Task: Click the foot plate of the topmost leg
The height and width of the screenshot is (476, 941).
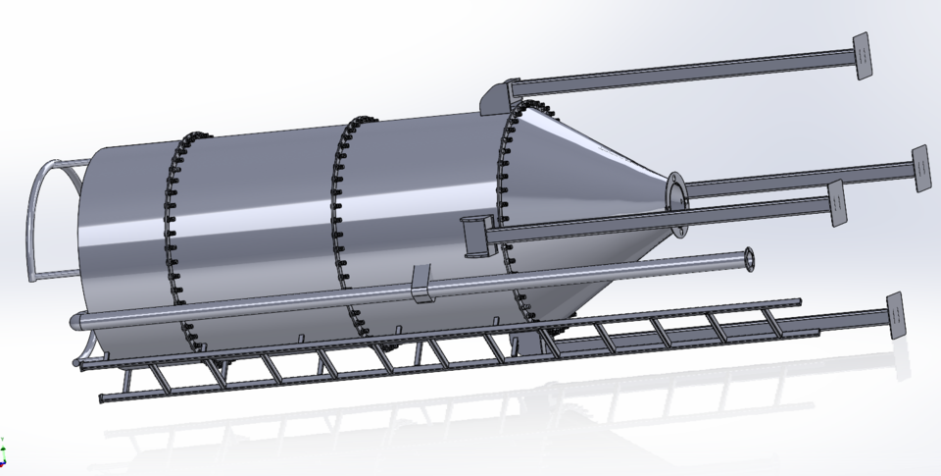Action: point(862,55)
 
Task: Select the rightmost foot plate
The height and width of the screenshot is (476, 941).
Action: point(919,168)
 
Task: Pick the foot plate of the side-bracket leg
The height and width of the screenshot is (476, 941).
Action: point(836,203)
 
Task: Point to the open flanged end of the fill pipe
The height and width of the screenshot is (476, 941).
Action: point(749,258)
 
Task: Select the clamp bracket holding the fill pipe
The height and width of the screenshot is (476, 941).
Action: point(421,283)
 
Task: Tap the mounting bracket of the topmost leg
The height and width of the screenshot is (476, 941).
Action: point(497,94)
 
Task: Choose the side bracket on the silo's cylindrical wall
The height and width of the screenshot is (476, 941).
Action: point(473,236)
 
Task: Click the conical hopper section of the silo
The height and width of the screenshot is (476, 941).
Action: point(588,196)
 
